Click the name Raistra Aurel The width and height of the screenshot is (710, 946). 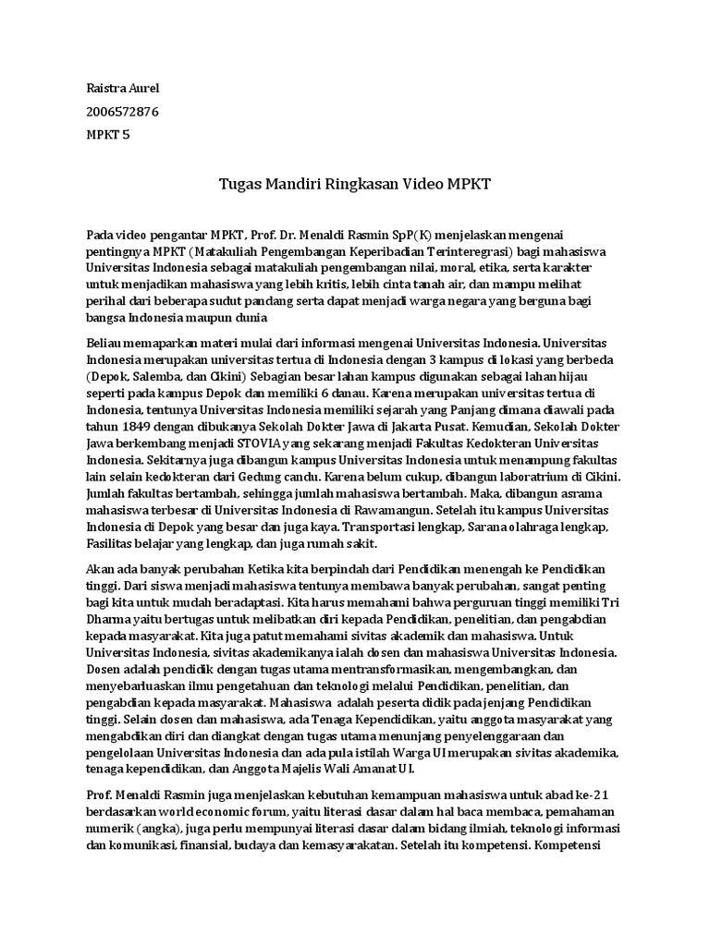122,89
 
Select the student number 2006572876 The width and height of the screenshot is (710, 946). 122,112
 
